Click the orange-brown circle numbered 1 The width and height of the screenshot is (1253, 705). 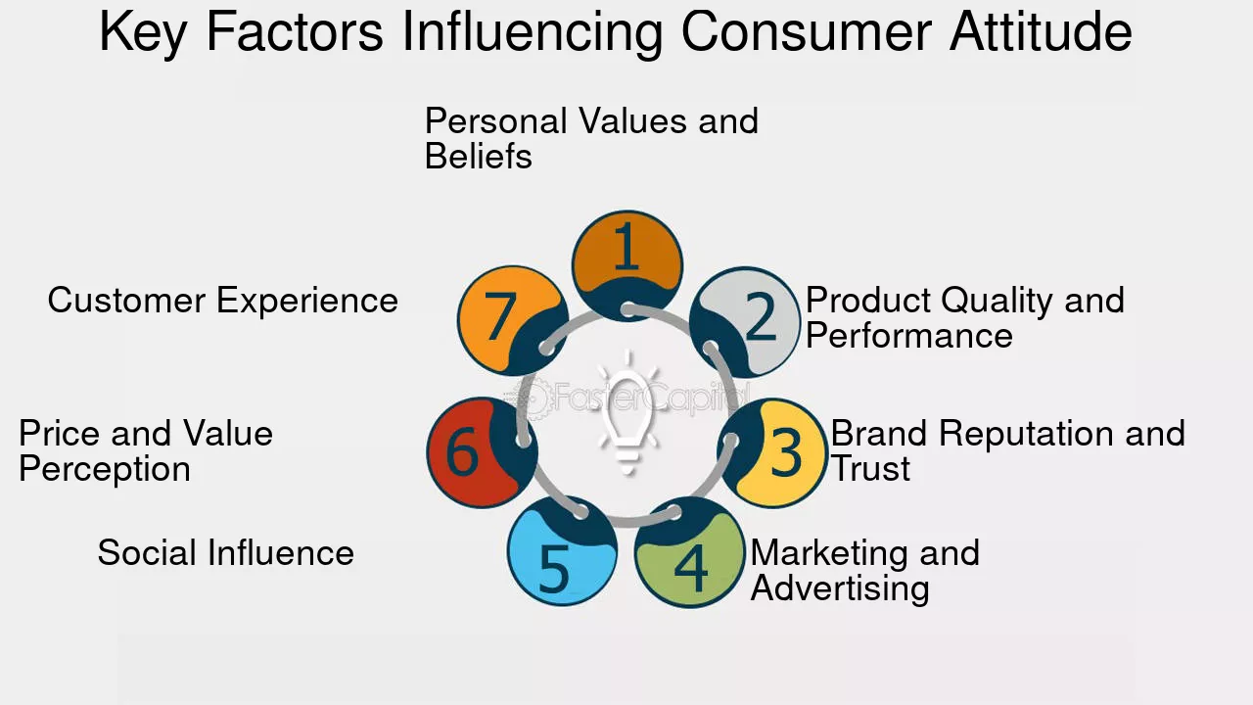point(627,265)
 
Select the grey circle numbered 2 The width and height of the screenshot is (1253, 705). point(745,322)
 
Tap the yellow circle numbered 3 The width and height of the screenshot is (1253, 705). point(772,452)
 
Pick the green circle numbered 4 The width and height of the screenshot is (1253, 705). point(690,552)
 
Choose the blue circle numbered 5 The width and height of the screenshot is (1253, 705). point(563,551)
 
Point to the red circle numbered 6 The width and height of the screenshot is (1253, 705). point(483,452)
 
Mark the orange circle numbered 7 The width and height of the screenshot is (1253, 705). point(513,320)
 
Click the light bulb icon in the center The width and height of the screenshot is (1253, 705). point(627,413)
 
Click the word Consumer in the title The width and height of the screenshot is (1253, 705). point(806,31)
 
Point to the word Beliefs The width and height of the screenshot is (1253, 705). point(479,156)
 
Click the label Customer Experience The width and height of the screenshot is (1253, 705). point(222,301)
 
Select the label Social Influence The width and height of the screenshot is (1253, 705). point(226,552)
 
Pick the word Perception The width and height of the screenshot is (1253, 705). point(105,470)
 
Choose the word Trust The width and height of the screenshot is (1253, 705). point(870,468)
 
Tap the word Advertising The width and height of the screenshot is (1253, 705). point(840,589)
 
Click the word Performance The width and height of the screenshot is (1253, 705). point(909,335)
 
